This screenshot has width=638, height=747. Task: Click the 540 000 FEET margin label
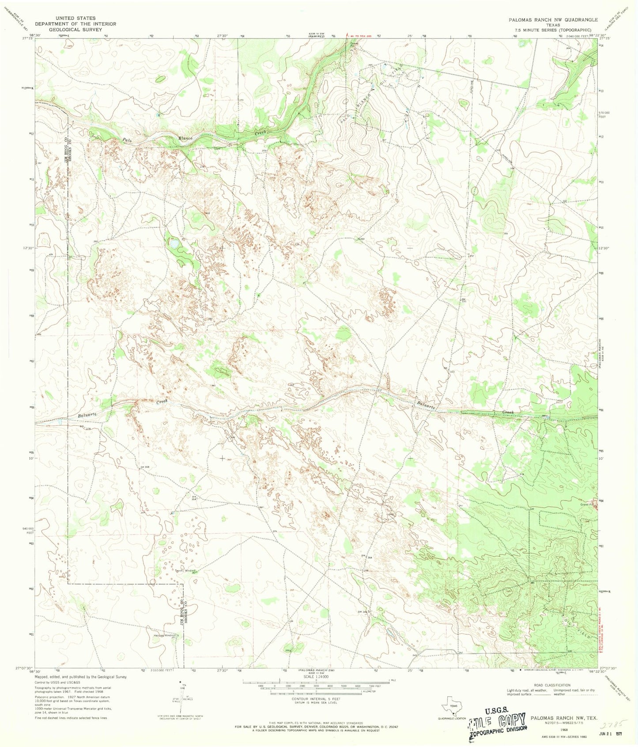[x=27, y=530]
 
